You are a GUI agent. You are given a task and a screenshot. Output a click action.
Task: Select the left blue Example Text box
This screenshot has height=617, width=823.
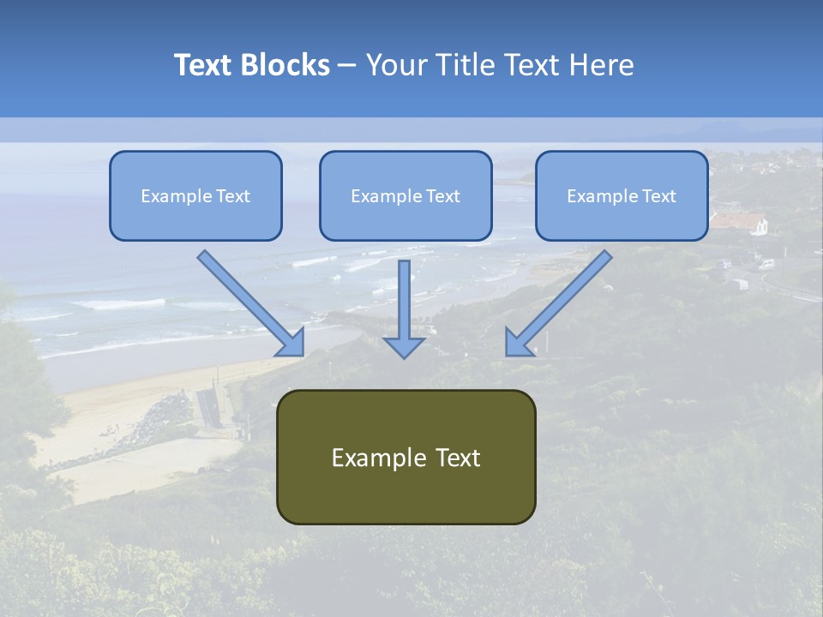pos(195,195)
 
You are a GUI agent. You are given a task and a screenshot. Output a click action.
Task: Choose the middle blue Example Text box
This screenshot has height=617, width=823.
pos(405,195)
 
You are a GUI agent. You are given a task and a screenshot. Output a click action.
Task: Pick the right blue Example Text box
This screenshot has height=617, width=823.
pos(622,195)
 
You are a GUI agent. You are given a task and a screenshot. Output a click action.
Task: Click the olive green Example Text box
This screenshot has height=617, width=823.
pos(405,457)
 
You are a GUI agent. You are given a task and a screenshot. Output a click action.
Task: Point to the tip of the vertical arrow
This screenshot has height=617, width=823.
pos(404,356)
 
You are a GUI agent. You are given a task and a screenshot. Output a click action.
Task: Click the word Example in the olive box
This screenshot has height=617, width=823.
pos(374,458)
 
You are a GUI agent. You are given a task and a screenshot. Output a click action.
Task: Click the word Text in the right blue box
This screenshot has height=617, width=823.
pos(658,196)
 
